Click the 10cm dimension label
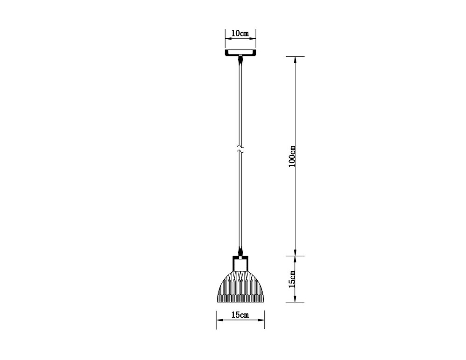click(x=240, y=34)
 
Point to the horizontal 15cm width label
click(x=240, y=315)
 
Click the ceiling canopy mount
click(x=240, y=53)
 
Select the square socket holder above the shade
click(x=240, y=263)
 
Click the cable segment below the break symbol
click(x=240, y=200)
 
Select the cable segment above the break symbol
click(x=240, y=102)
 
